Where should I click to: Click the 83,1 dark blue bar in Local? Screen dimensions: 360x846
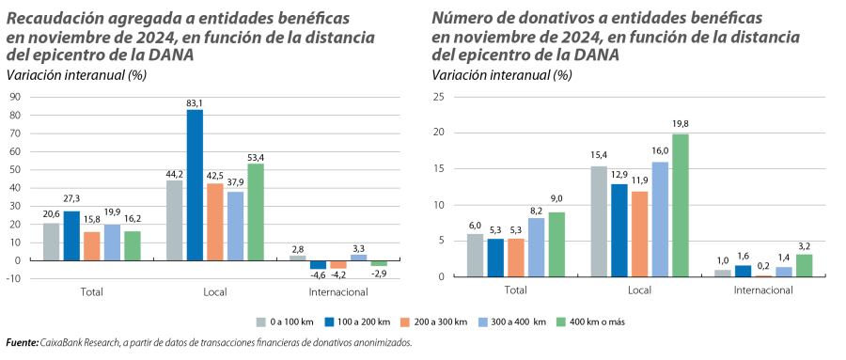tap(195, 184)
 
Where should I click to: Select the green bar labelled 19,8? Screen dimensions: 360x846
tap(681, 205)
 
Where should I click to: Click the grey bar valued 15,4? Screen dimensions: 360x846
tap(598, 221)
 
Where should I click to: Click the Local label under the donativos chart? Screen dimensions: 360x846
tap(639, 291)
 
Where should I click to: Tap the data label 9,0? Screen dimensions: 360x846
tap(557, 198)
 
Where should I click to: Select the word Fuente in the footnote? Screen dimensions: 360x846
tap(20, 343)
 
